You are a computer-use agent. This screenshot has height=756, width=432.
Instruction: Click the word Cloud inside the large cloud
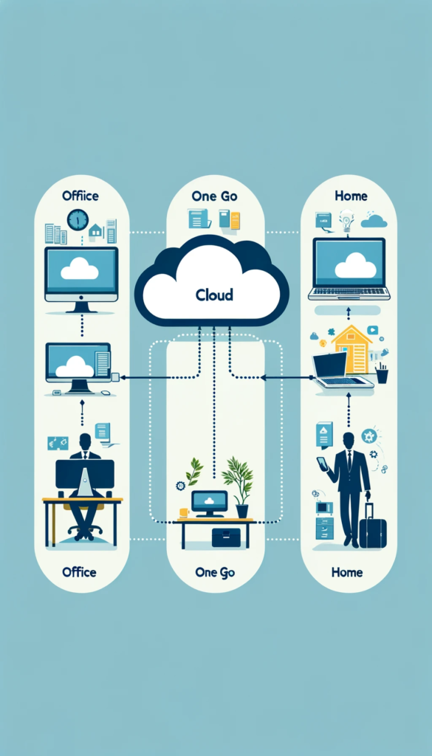click(x=214, y=295)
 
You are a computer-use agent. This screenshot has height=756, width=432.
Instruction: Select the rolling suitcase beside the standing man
click(x=373, y=526)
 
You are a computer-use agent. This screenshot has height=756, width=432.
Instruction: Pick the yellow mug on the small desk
click(x=183, y=512)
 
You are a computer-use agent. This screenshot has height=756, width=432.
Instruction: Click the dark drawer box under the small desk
click(x=226, y=537)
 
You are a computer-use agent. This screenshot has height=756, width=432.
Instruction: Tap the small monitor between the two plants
click(x=209, y=503)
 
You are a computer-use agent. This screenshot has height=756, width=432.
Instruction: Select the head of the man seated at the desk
click(x=85, y=441)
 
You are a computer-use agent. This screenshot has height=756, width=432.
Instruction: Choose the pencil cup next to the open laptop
click(x=382, y=374)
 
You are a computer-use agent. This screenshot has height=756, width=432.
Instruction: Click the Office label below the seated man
click(x=79, y=572)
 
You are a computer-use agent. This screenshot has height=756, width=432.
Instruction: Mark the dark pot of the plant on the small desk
click(x=242, y=511)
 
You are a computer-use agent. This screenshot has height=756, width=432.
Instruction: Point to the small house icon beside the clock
click(x=95, y=230)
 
